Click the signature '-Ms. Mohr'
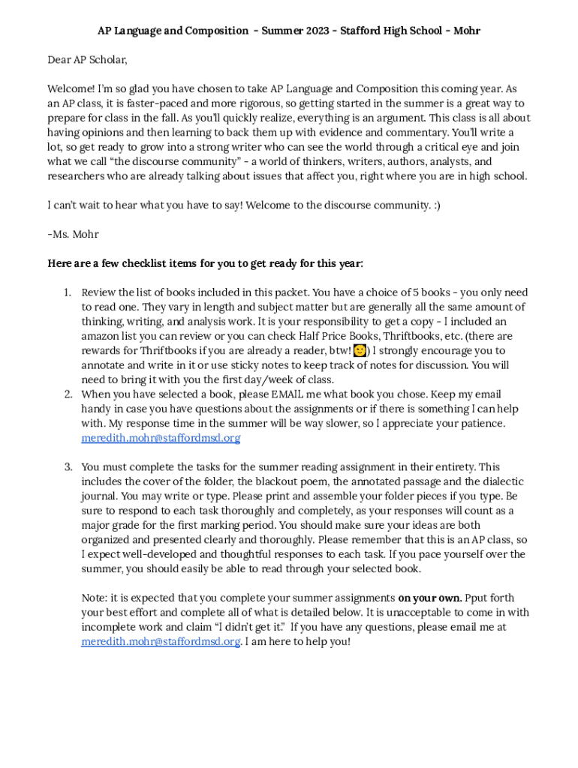point(73,234)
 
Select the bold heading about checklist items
point(205,263)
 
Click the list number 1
point(66,292)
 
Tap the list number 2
point(66,394)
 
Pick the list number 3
point(66,467)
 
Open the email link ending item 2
point(161,438)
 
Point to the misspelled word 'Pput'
point(479,598)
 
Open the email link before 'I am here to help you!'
point(161,641)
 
